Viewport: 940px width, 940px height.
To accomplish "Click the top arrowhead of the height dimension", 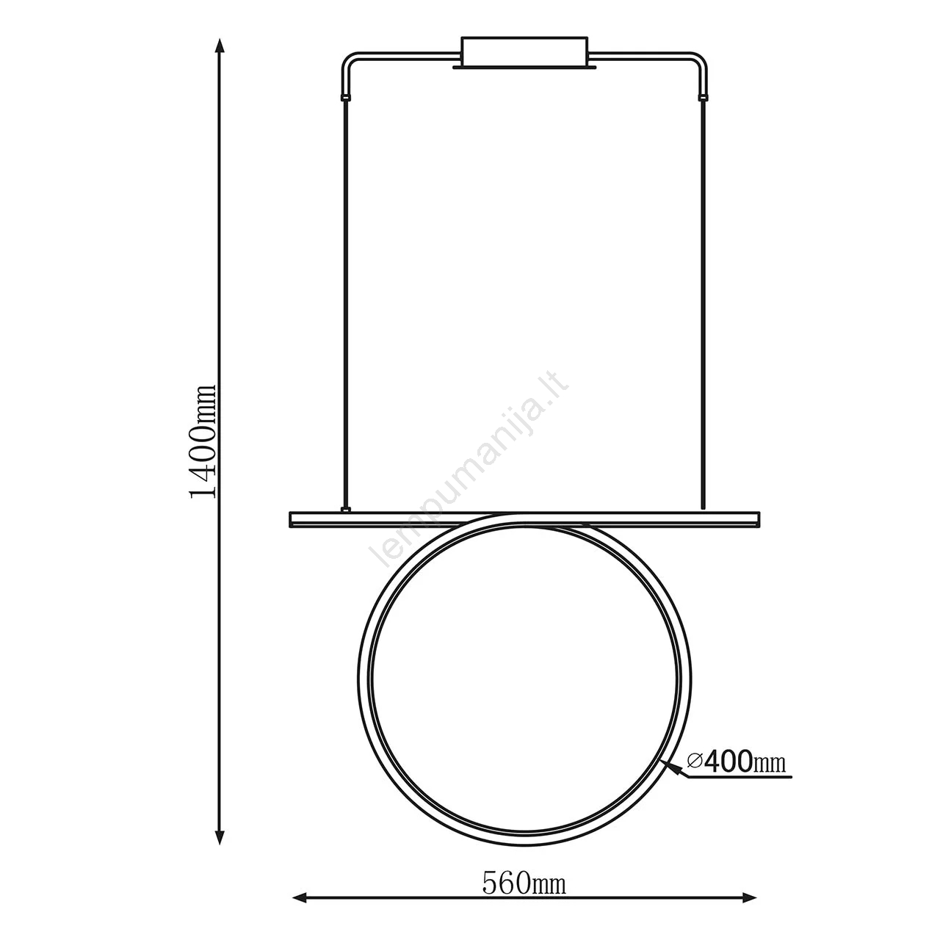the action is [x=220, y=46].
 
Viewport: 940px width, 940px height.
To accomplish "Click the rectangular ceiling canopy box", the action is [x=524, y=52].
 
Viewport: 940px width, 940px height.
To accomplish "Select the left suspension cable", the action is [x=347, y=303].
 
